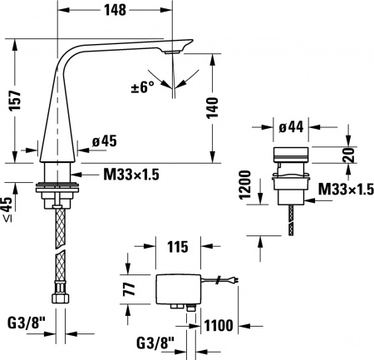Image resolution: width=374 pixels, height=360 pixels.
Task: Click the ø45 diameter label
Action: [x=103, y=141]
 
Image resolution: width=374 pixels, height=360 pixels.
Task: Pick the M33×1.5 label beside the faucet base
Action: [x=130, y=174]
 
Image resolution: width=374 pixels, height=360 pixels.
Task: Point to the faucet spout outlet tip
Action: [x=171, y=54]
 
